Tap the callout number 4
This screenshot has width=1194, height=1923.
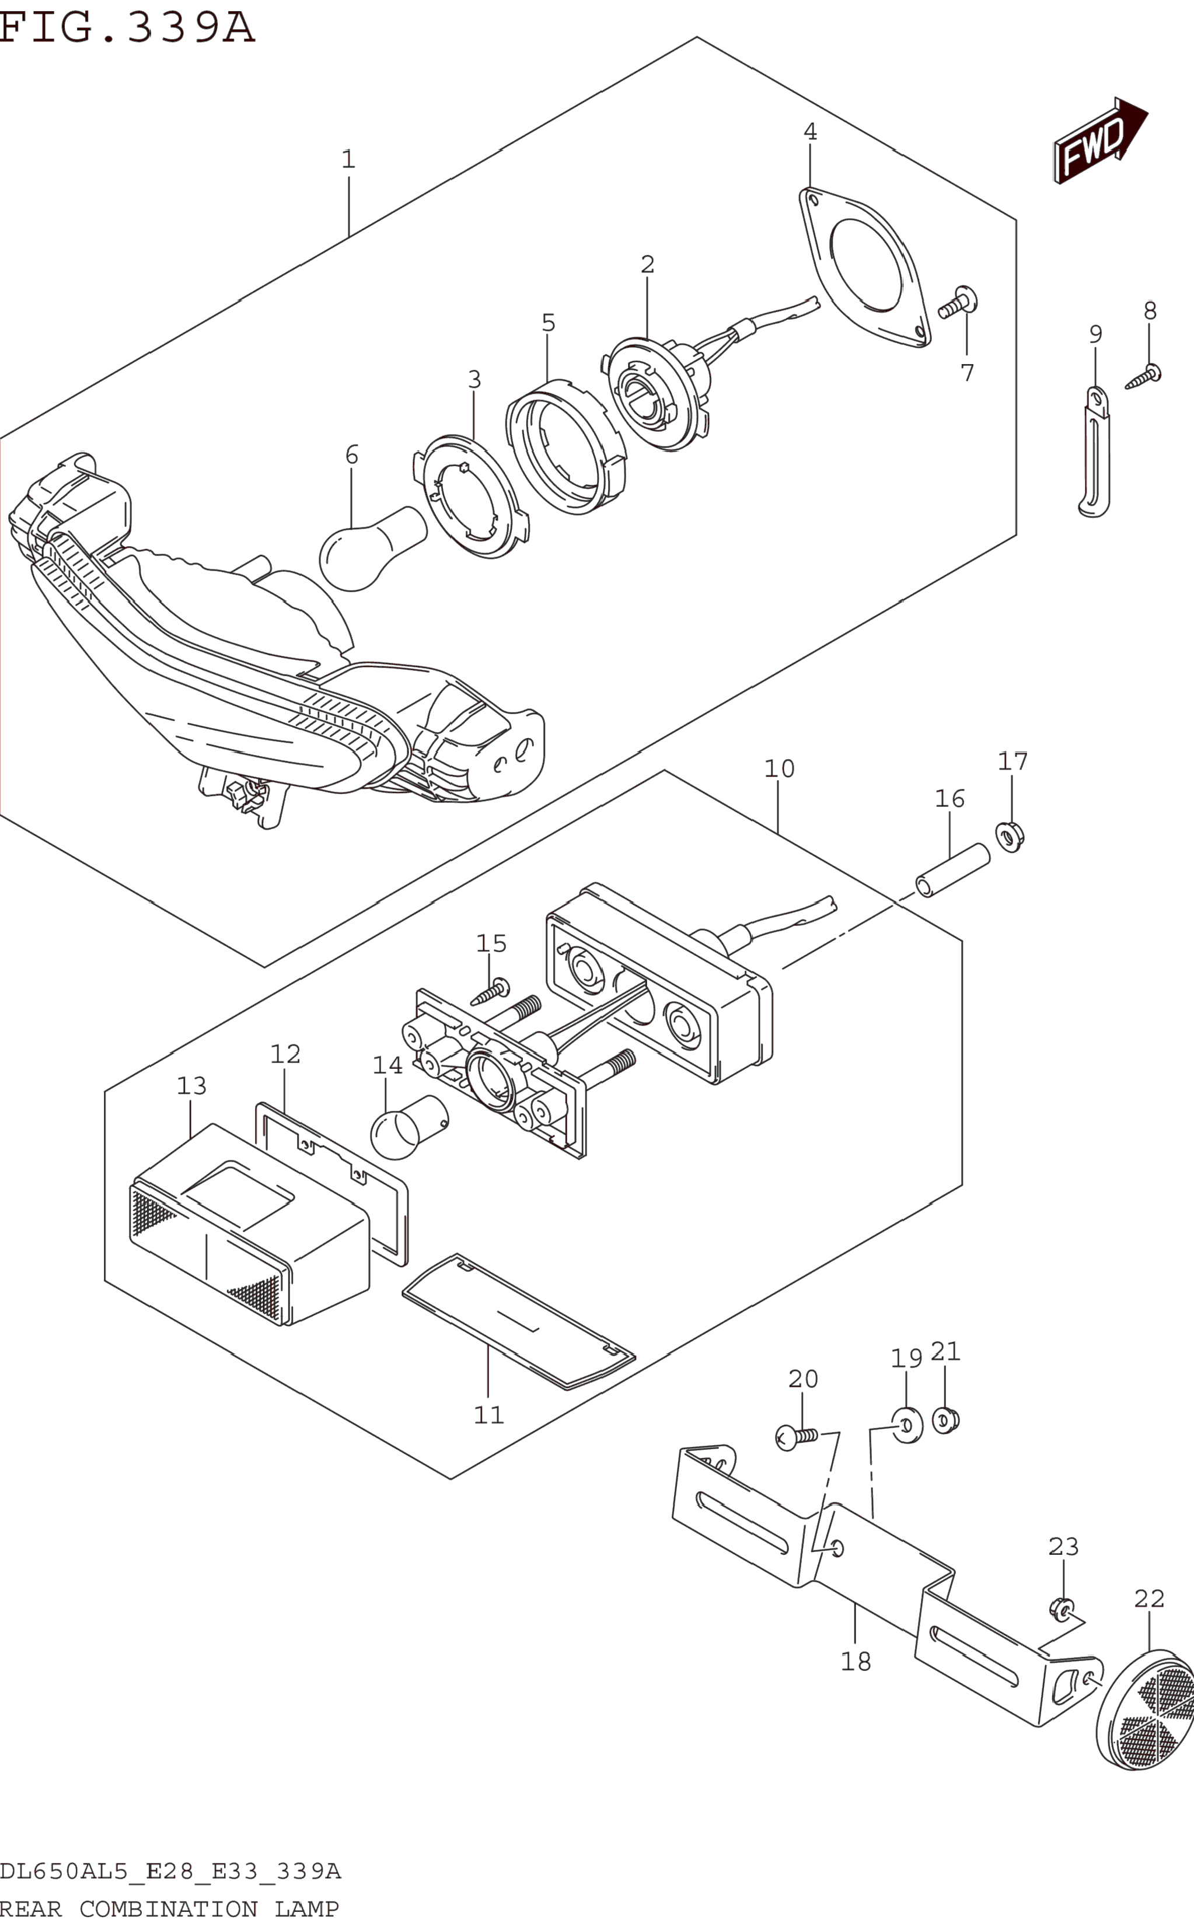pyautogui.click(x=810, y=132)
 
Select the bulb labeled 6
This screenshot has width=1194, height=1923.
pyautogui.click(x=373, y=548)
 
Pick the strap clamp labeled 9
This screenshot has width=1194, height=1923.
pyautogui.click(x=1095, y=452)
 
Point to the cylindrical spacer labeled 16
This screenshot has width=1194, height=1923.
pyautogui.click(x=952, y=870)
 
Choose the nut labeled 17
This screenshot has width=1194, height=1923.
pyautogui.click(x=1010, y=836)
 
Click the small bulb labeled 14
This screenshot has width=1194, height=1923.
pyautogui.click(x=409, y=1127)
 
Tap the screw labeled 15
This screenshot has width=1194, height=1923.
pyautogui.click(x=490, y=991)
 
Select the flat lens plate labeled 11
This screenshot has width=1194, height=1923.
pyautogui.click(x=519, y=1322)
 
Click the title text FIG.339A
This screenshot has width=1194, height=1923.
pyautogui.click(x=127, y=27)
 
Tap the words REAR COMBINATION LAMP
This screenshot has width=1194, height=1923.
pyautogui.click(x=169, y=1909)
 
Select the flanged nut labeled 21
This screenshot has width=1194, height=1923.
pyautogui.click(x=945, y=1421)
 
